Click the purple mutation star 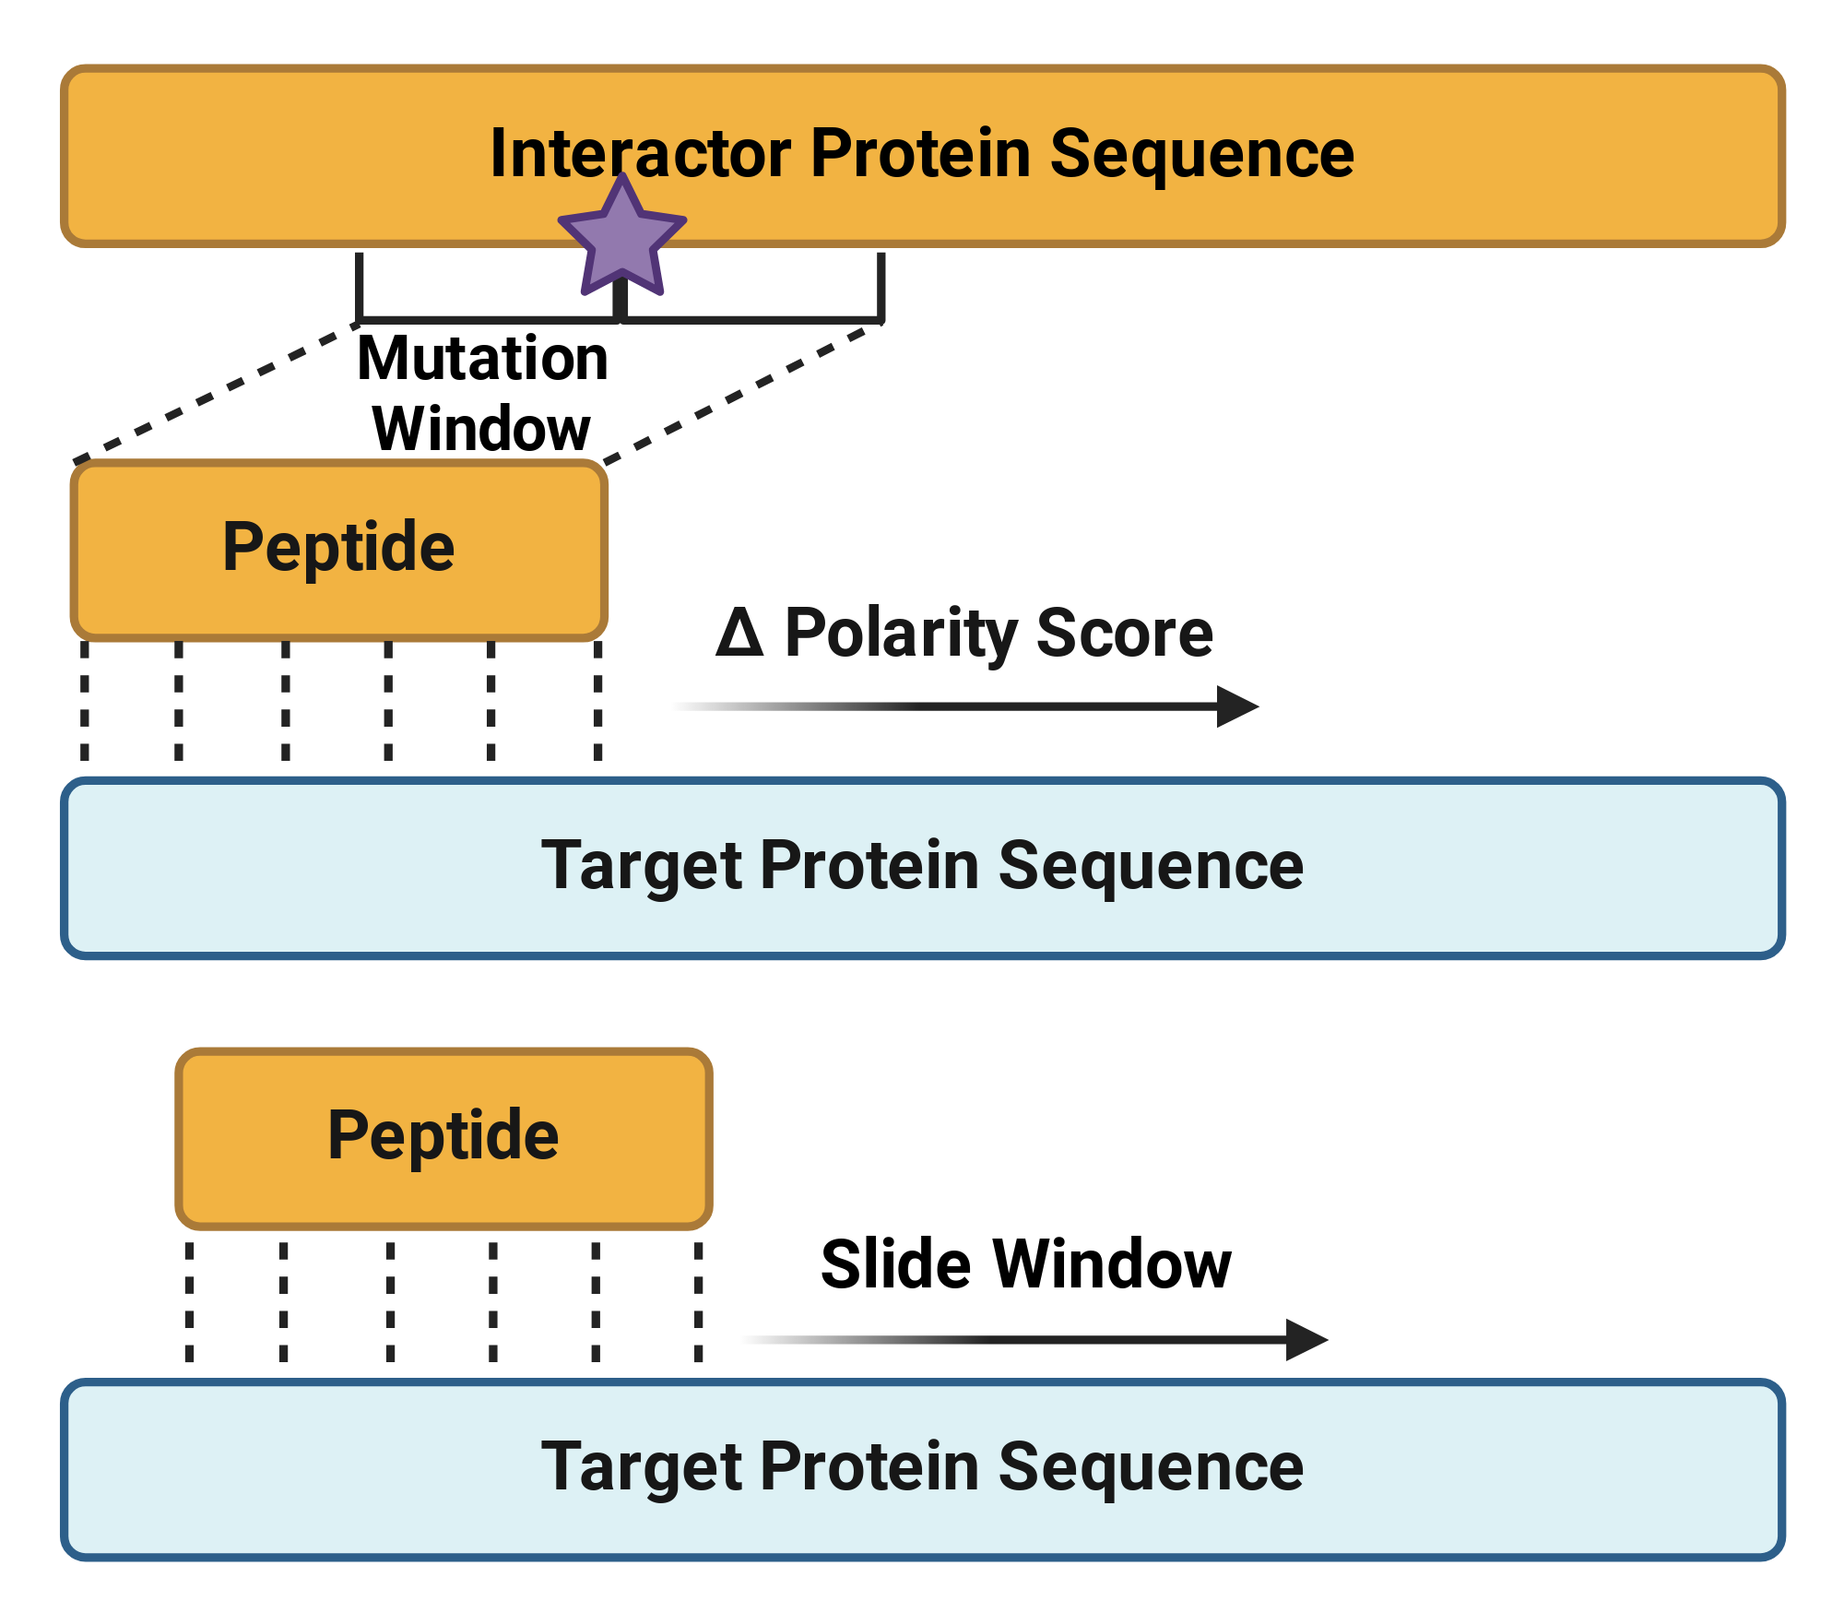click(622, 237)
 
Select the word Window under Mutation click(481, 429)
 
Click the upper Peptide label click(339, 548)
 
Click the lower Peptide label click(443, 1135)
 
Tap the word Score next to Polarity click(1125, 633)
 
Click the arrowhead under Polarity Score click(1237, 706)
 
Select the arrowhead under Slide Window click(1306, 1339)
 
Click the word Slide click(897, 1263)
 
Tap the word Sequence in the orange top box click(1202, 155)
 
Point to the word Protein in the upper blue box click(870, 865)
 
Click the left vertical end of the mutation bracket click(359, 287)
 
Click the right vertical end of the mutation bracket click(881, 287)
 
